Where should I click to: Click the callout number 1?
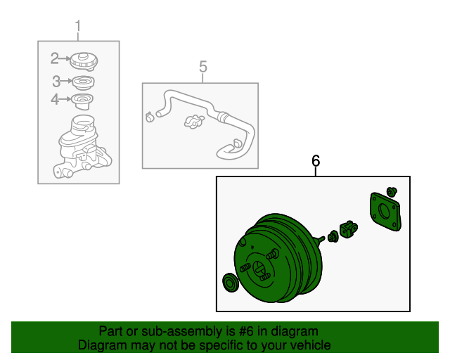pyautogui.click(x=78, y=26)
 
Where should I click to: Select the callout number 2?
pyautogui.click(x=54, y=58)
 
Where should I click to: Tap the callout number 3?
pyautogui.click(x=56, y=82)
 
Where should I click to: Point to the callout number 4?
pyautogui.click(x=55, y=99)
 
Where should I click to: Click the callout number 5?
pyautogui.click(x=203, y=67)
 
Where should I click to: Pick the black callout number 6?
pyautogui.click(x=316, y=161)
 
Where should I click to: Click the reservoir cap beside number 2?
pyautogui.click(x=84, y=61)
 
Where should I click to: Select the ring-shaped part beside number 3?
pyautogui.click(x=83, y=83)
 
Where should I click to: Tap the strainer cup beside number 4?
pyautogui.click(x=82, y=101)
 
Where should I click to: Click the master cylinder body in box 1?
pyautogui.click(x=82, y=148)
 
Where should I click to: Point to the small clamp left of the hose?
pyautogui.click(x=150, y=117)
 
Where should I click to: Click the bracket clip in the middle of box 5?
pyautogui.click(x=194, y=122)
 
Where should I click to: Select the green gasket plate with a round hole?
pyautogui.click(x=385, y=212)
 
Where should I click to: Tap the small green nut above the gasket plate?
pyautogui.click(x=392, y=192)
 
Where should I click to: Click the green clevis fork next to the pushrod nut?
pyautogui.click(x=349, y=229)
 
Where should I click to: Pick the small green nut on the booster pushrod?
pyautogui.click(x=333, y=236)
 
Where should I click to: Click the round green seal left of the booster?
pyautogui.click(x=231, y=283)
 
